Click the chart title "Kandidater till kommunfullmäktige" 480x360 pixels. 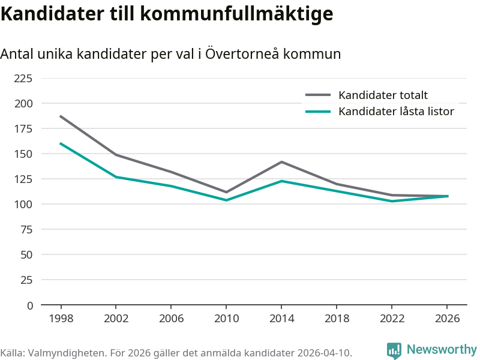167,14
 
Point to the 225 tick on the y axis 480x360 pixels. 23,78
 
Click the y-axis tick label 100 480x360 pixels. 23,204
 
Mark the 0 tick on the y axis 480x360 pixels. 30,305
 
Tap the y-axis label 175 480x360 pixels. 23,128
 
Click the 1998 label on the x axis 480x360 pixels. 61,319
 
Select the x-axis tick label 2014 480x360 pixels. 281,319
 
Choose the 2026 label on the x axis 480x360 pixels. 447,319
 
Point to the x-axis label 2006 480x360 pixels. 171,319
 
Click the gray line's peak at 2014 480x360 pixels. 281,162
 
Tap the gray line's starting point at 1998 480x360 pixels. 61,116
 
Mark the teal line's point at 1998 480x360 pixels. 61,143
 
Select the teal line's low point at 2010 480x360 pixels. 226,200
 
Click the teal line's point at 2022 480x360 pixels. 392,201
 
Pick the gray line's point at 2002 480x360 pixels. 116,155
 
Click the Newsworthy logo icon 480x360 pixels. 394,350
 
